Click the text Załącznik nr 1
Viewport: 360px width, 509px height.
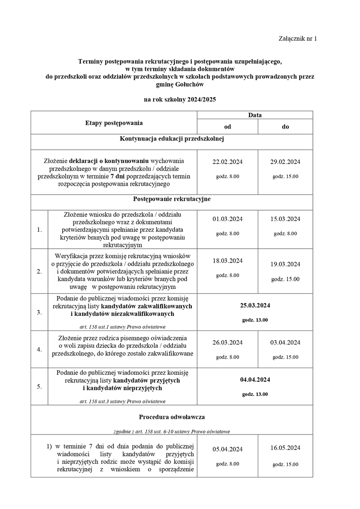[x=298, y=39]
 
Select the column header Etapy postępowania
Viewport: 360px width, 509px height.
[x=114, y=123]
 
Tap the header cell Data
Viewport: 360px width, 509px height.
[x=255, y=115]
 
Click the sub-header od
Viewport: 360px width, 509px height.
[x=227, y=127]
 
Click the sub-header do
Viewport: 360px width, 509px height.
[x=285, y=127]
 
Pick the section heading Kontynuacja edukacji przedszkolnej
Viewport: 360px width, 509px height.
[x=172, y=139]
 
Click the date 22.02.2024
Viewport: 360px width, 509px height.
[x=227, y=162]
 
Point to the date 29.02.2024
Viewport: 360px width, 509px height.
[x=285, y=162]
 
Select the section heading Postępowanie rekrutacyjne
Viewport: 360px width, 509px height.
[x=172, y=199]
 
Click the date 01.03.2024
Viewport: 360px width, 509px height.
[x=227, y=219]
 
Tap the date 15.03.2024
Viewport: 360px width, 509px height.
[x=285, y=219]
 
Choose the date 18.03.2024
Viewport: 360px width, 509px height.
[x=227, y=261]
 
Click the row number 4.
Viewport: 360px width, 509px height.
[x=39, y=350]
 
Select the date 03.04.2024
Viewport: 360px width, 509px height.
[x=285, y=343]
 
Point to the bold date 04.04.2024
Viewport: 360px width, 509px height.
[x=255, y=380]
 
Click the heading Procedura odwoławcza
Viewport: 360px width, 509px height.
[x=172, y=417]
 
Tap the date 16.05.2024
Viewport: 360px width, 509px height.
[x=285, y=448]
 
